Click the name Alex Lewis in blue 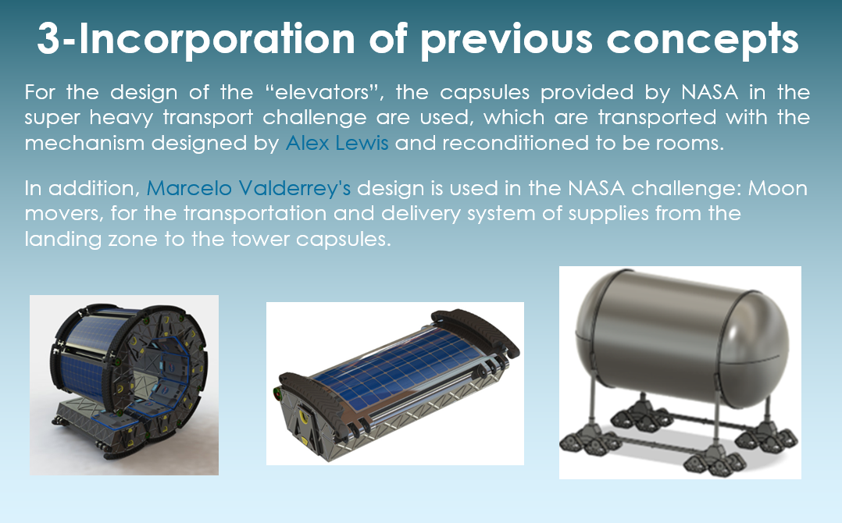click(x=337, y=143)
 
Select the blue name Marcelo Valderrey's click(x=248, y=188)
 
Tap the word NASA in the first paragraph click(x=709, y=92)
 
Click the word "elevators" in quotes click(x=324, y=92)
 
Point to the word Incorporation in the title click(x=217, y=38)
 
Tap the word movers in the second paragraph click(x=64, y=213)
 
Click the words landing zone click(x=91, y=239)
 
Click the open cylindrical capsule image click(x=124, y=385)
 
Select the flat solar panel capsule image click(x=395, y=383)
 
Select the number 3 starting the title click(x=48, y=38)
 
